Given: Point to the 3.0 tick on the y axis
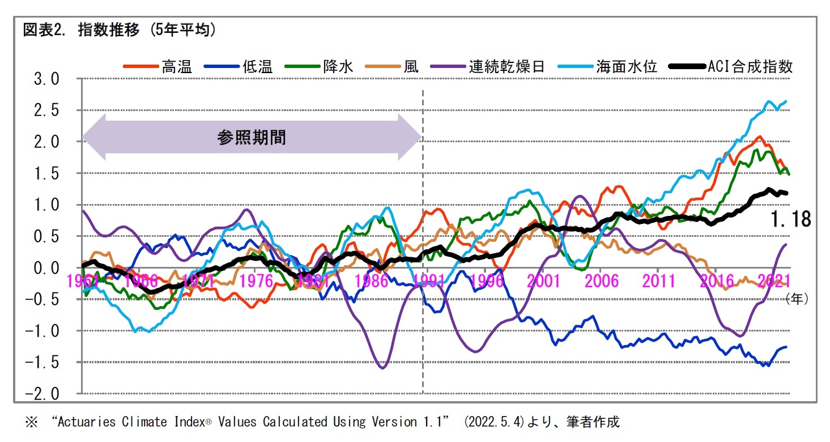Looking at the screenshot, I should click(46, 79).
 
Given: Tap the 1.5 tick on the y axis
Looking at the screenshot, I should click(46, 174).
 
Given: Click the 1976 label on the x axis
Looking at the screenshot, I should click(257, 281).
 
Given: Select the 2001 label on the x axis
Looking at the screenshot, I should click(543, 281).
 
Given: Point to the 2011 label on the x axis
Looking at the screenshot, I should click(658, 281).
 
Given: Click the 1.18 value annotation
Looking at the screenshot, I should click(791, 219).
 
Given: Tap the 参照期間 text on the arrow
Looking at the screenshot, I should click(252, 138).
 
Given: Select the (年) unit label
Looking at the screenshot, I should click(797, 299).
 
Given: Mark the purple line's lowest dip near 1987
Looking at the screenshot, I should click(382, 368).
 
